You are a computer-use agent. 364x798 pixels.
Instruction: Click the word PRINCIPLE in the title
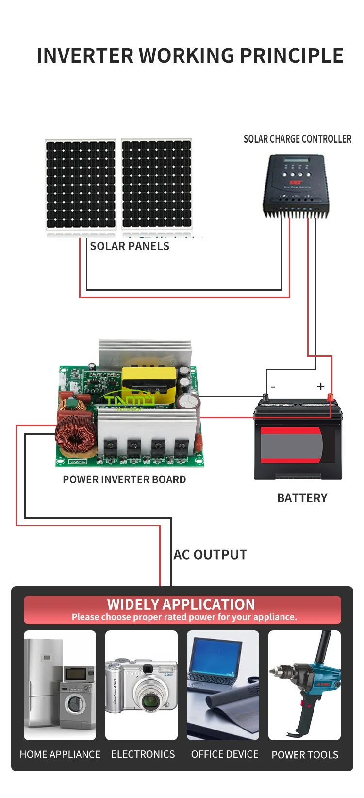click(x=292, y=56)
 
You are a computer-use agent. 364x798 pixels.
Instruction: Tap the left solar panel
click(x=81, y=184)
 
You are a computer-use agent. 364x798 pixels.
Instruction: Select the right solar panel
click(x=156, y=184)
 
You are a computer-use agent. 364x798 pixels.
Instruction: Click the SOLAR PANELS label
click(x=130, y=246)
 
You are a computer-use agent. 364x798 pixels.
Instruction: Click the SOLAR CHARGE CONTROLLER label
click(x=297, y=139)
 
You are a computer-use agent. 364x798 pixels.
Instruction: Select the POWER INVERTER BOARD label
click(x=124, y=480)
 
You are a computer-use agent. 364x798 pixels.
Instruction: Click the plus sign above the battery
click(x=320, y=386)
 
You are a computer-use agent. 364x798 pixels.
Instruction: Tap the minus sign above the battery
click(x=273, y=387)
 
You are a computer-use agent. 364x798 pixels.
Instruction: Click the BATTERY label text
click(x=302, y=498)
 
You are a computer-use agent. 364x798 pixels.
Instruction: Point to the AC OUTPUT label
click(x=210, y=555)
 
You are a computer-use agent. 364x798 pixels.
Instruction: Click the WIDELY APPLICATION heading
click(x=181, y=605)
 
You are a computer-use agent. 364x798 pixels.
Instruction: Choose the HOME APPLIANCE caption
click(x=60, y=755)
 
